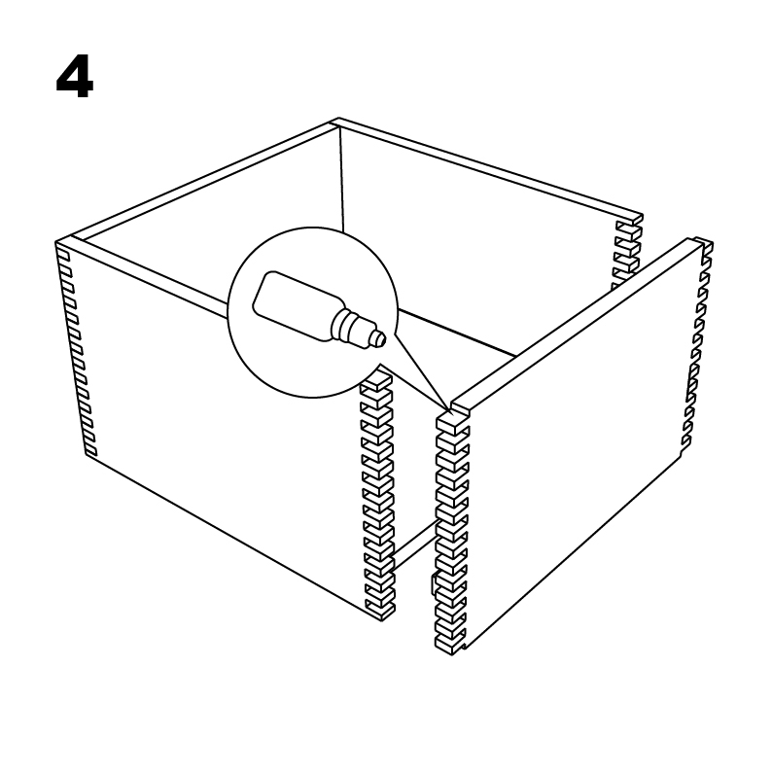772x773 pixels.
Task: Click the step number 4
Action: click(75, 77)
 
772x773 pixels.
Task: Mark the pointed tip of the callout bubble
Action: click(449, 409)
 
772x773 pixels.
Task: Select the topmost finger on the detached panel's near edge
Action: click(451, 422)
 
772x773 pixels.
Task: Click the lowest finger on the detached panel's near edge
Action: click(449, 645)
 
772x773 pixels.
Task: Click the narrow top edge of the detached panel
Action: click(577, 326)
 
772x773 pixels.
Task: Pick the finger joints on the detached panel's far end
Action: click(696, 345)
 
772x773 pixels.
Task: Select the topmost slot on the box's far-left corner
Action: click(63, 256)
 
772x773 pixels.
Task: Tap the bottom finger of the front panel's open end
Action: click(380, 611)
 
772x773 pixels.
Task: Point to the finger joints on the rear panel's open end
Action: click(626, 255)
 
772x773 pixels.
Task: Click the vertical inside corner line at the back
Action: click(340, 179)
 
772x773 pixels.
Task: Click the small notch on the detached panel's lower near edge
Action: click(435, 584)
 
